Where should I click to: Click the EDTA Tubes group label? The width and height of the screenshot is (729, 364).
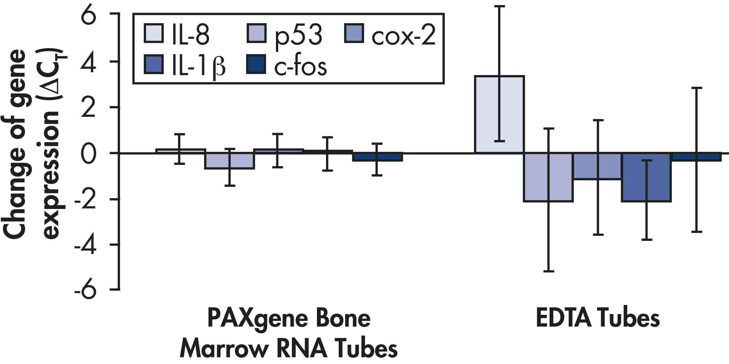[x=598, y=318]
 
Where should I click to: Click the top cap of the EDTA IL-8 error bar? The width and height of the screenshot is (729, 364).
[x=499, y=6]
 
